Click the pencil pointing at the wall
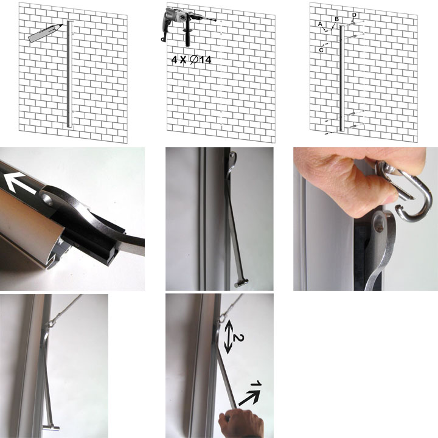pyautogui.click(x=45, y=33)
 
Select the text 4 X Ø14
pyautogui.click(x=191, y=60)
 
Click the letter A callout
pyautogui.click(x=320, y=24)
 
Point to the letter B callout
pyautogui.click(x=336, y=19)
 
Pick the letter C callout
pyautogui.click(x=321, y=50)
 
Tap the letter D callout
pyautogui.click(x=354, y=15)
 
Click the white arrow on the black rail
pyautogui.click(x=20, y=182)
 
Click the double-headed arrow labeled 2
pyautogui.click(x=228, y=337)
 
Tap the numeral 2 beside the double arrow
pyautogui.click(x=238, y=338)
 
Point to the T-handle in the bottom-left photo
pyautogui.click(x=51, y=428)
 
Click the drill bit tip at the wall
pyautogui.click(x=215, y=20)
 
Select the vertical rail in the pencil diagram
pyautogui.click(x=69, y=74)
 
